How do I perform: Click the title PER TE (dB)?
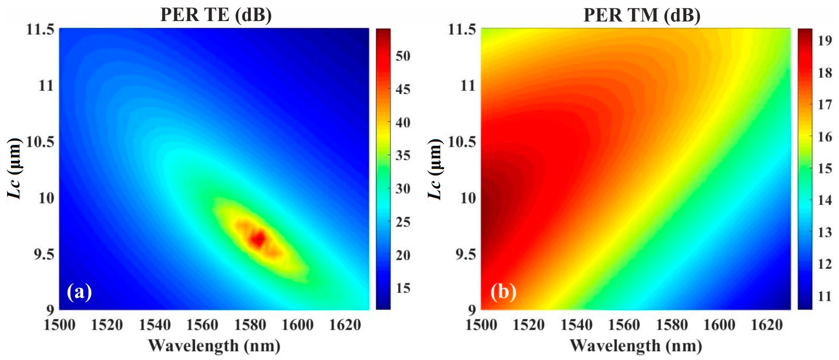pos(216,15)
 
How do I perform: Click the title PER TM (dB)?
pos(642,15)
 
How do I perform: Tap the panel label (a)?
pos(79,291)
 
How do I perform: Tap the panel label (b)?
pos(503,291)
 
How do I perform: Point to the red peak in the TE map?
pos(259,240)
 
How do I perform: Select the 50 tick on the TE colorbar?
pos(403,56)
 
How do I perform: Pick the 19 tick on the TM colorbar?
pos(825,41)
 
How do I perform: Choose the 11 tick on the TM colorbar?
pos(825,297)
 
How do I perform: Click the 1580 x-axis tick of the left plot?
pos(250,325)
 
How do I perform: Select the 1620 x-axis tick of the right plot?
pos(767,325)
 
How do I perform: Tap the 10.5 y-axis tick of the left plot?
pos(40,142)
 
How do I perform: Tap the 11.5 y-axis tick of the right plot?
pos(462,30)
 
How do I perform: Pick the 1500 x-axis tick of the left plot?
pos(60,325)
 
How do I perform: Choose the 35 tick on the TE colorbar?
pos(403,155)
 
